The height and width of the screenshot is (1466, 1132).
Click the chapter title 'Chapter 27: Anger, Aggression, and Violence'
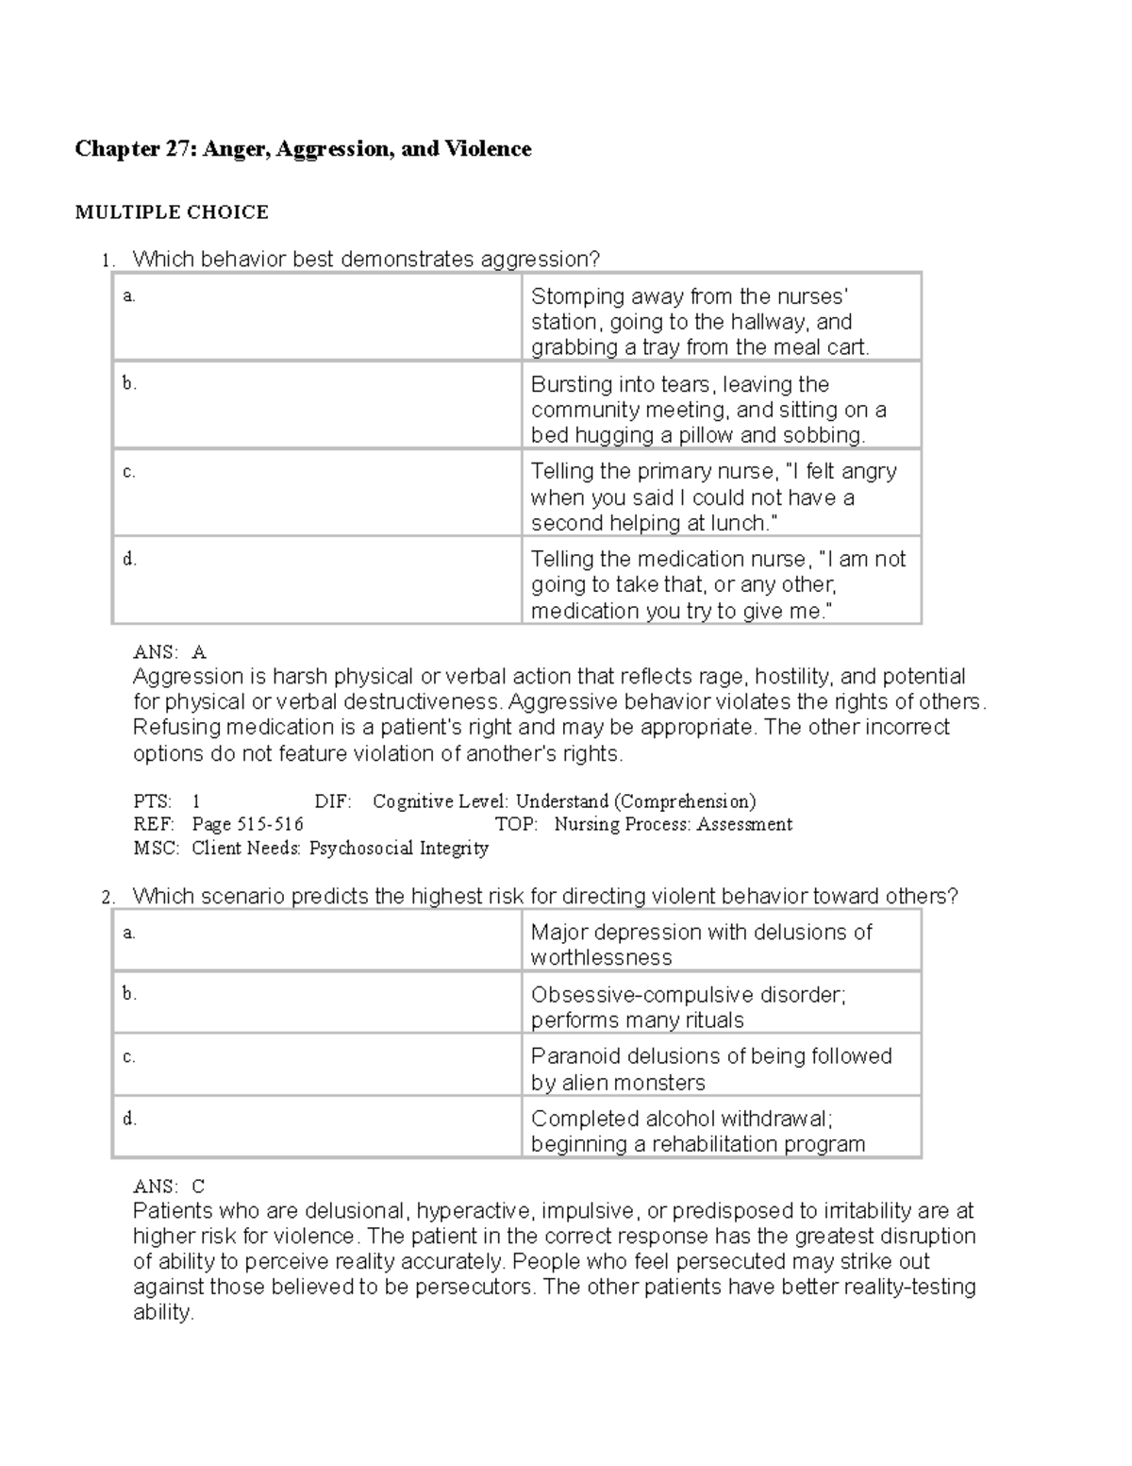pos(303,149)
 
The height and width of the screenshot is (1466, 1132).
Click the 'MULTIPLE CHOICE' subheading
pos(172,212)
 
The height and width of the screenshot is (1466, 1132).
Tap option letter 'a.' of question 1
pos(129,296)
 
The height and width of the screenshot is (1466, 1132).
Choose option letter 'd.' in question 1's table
pos(129,559)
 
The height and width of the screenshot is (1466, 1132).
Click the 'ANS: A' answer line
pos(170,652)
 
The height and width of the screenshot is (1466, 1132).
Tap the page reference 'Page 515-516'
pos(247,825)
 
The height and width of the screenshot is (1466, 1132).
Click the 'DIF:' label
pos(332,802)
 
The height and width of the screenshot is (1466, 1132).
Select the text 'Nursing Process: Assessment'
pos(673,825)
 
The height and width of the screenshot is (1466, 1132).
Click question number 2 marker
pos(108,898)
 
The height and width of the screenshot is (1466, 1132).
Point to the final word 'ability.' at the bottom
pos(163,1313)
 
